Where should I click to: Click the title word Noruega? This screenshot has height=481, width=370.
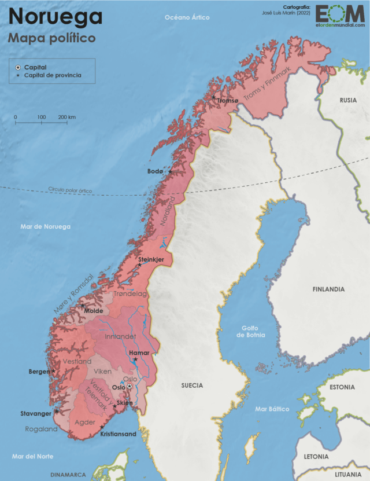coord(55,17)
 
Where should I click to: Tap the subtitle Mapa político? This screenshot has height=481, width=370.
coord(51,38)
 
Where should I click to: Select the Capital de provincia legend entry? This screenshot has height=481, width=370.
coord(52,75)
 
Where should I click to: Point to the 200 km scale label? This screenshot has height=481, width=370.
coord(66,118)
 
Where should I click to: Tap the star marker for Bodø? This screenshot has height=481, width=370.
coord(170,171)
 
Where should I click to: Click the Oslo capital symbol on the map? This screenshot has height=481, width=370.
coord(130,386)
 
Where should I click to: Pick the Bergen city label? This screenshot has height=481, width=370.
coord(39,372)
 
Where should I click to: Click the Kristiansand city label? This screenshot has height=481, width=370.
coord(118,434)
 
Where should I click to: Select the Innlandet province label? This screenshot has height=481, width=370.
coord(120,336)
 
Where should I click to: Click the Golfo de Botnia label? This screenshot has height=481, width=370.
coord(250,331)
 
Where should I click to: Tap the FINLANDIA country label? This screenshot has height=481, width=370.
coord(328,289)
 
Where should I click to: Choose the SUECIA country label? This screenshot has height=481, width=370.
coord(192,385)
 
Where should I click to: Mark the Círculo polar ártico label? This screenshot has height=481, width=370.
coord(70,190)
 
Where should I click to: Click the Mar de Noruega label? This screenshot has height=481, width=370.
coord(45,226)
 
